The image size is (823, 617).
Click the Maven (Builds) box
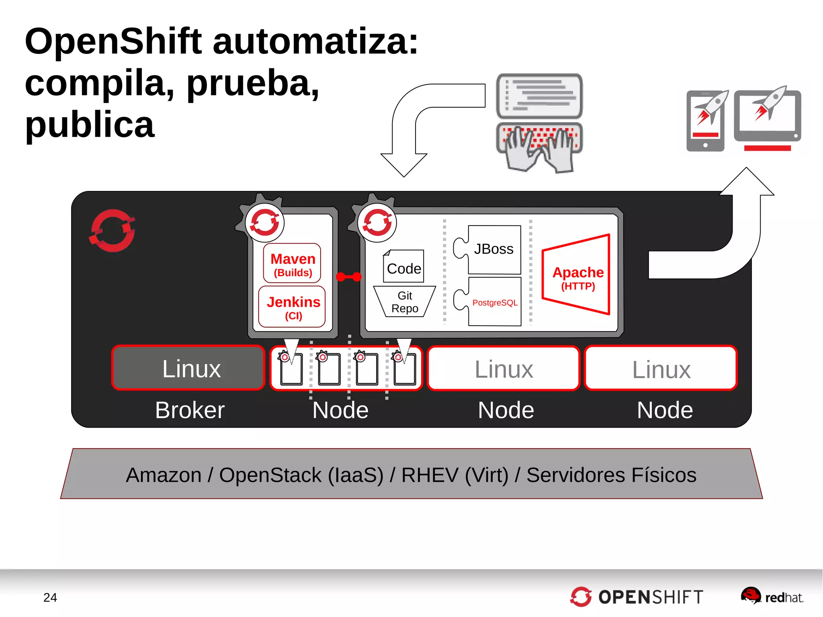(x=292, y=263)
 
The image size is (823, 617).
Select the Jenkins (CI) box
(x=292, y=307)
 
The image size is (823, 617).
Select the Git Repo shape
(x=404, y=302)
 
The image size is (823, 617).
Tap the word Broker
(x=190, y=410)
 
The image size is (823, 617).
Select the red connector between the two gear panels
(x=348, y=277)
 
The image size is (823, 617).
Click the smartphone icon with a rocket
(x=706, y=121)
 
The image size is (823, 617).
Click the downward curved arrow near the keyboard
(x=406, y=133)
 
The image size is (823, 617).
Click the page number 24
(x=50, y=597)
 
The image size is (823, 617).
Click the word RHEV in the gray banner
(x=430, y=475)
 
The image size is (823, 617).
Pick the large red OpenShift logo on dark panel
(x=112, y=230)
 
